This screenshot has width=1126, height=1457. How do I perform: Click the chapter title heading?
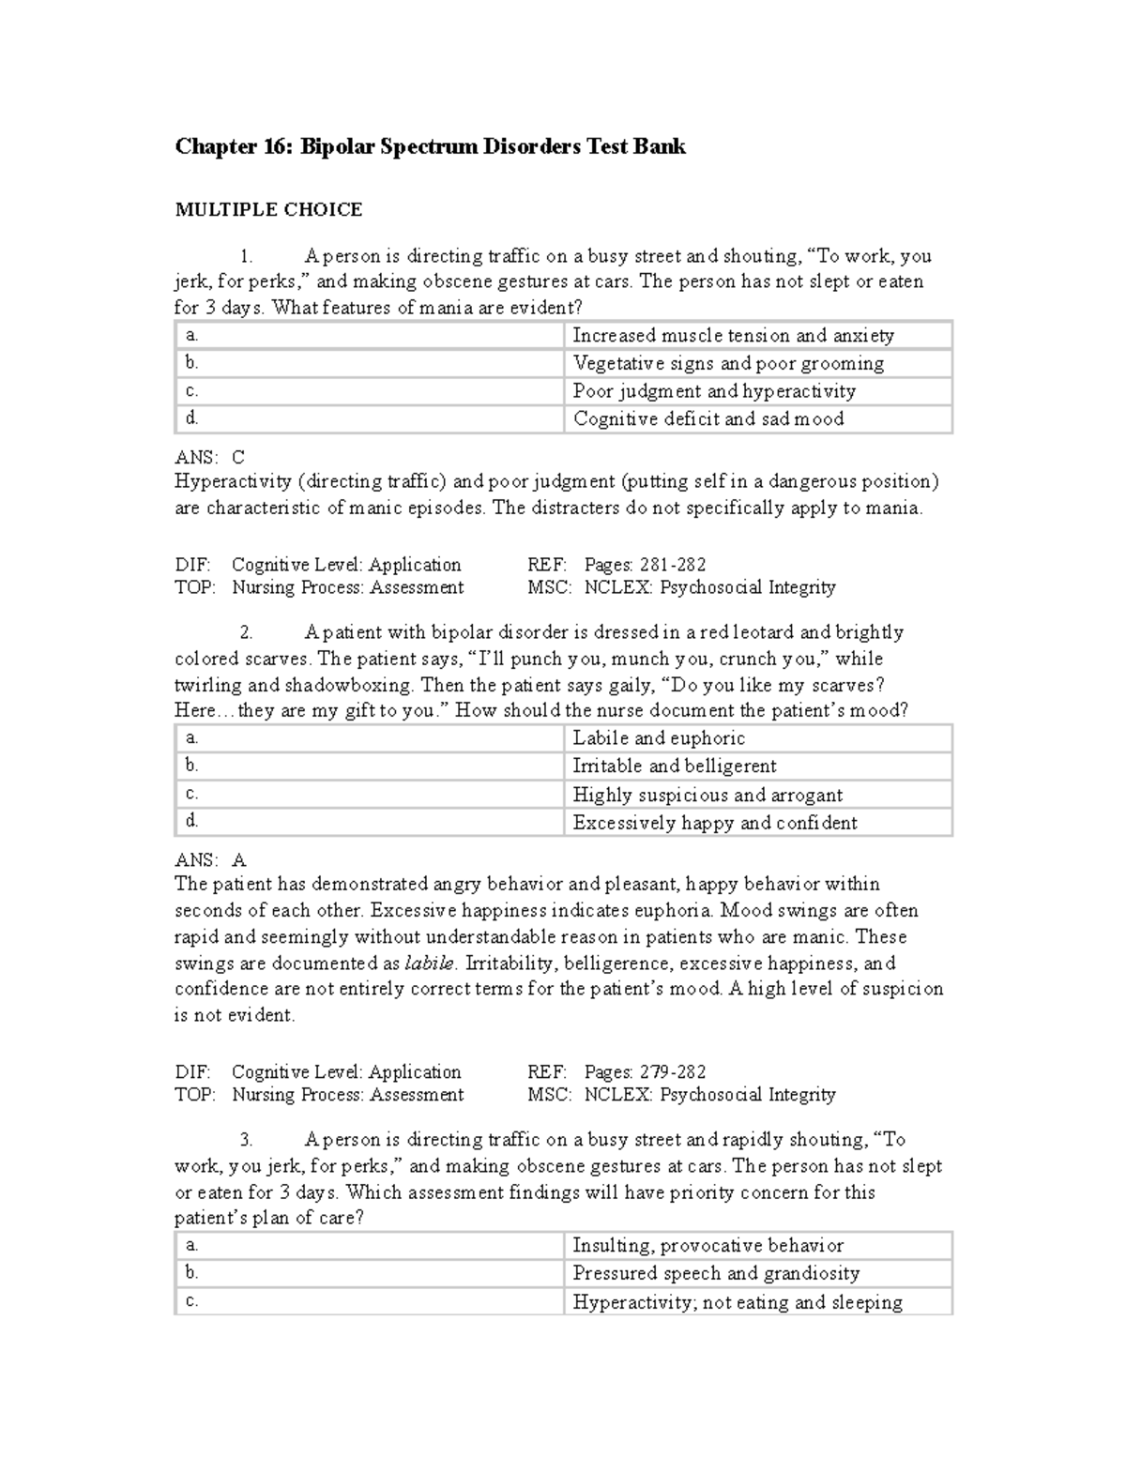(x=430, y=146)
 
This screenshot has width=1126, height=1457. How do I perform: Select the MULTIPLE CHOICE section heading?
(x=268, y=209)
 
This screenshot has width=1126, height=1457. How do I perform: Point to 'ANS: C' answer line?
(x=210, y=457)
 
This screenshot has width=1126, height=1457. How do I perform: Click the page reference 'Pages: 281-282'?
(x=645, y=565)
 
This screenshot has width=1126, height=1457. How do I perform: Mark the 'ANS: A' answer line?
(x=210, y=859)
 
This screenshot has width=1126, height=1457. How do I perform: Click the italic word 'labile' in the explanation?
(x=430, y=963)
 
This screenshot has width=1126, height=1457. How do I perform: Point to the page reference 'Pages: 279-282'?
(x=645, y=1071)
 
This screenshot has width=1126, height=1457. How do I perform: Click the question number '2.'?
(x=246, y=632)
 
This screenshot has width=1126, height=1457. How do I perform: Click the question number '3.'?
(x=246, y=1140)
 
